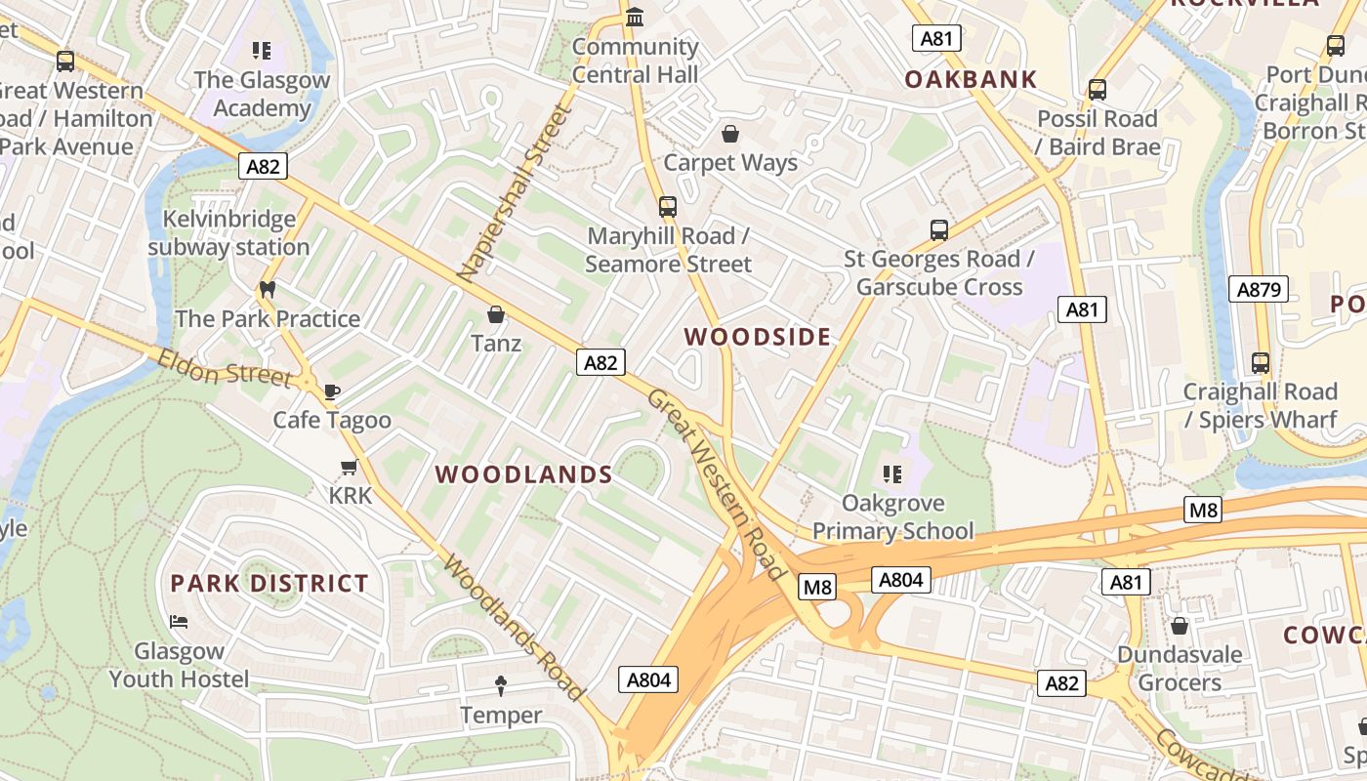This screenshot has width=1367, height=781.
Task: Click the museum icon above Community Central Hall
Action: (636, 18)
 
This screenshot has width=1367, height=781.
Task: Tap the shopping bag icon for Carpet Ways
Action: (730, 134)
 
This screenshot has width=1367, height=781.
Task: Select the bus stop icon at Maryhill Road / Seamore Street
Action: (668, 207)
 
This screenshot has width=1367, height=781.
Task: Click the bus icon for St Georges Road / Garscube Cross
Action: (939, 230)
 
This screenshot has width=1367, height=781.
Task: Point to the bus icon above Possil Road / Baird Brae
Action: (1098, 90)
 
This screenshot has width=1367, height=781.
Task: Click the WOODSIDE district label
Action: (758, 337)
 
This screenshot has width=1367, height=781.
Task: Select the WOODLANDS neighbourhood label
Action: (523, 474)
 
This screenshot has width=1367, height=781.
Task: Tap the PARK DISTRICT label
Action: (269, 584)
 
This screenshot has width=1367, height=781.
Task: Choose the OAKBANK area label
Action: (971, 80)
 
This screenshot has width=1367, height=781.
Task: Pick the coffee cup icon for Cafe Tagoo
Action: (332, 391)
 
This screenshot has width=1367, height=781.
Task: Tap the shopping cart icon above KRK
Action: (350, 467)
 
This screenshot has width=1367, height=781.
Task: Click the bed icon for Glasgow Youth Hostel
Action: (179, 621)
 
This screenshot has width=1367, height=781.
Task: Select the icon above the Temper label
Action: (501, 686)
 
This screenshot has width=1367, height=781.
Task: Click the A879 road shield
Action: (1258, 289)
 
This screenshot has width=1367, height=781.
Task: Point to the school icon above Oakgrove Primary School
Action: (892, 474)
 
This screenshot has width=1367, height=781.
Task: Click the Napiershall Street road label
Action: (515, 193)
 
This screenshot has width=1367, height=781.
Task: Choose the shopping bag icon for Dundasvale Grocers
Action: (1180, 626)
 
